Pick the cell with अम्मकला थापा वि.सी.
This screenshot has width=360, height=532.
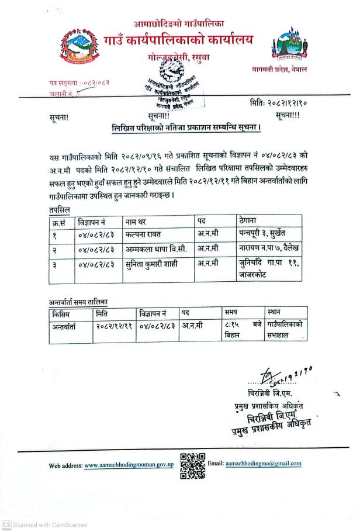click(x=155, y=248)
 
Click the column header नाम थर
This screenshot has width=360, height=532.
click(x=138, y=222)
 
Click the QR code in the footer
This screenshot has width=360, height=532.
click(x=192, y=465)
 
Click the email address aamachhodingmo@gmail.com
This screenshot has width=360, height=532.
click(x=263, y=464)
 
